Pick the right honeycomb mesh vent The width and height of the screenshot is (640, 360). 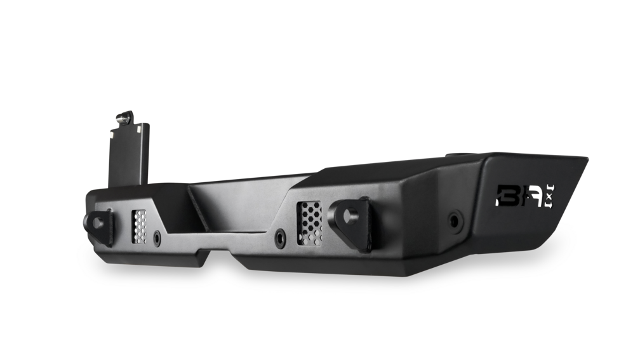click(x=310, y=222)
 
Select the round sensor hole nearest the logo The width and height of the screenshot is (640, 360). click(x=455, y=221)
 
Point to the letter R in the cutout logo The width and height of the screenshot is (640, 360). click(x=528, y=196)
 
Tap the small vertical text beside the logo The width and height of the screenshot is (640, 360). click(x=550, y=196)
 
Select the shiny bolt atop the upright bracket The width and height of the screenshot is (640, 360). click(x=123, y=118)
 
